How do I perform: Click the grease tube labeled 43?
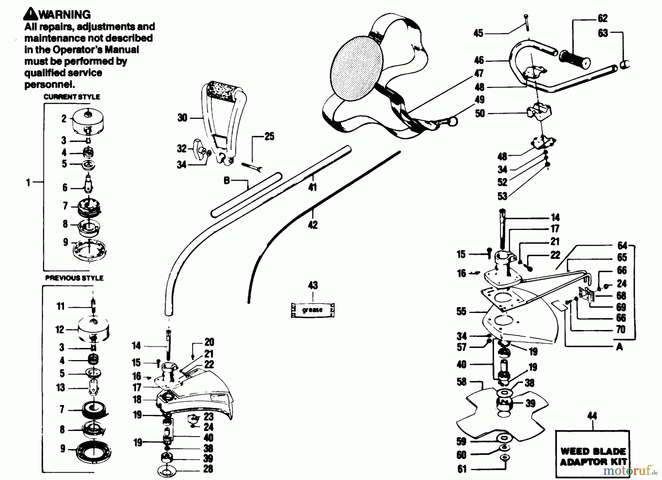coord(313,310)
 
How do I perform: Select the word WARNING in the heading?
coord(64,14)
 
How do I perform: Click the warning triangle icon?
coord(31,14)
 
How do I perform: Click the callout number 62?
coord(602,18)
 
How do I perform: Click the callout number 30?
coord(182,118)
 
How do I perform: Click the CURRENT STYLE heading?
coord(72,97)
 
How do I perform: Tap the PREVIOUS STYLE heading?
coord(74,278)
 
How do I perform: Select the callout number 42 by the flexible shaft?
coord(313,225)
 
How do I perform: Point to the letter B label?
coord(227,180)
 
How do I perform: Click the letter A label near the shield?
coord(619,346)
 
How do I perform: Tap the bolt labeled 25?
coord(252,166)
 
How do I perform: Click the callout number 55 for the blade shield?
coord(461,312)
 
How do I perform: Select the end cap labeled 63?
coord(624,64)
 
